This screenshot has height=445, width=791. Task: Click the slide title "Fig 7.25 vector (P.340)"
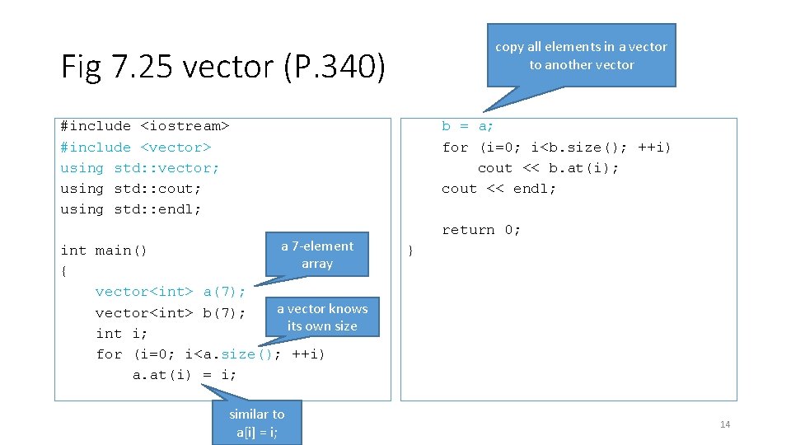pos(222,67)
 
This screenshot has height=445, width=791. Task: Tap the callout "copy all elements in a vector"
pos(581,55)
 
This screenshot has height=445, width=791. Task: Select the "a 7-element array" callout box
pos(316,255)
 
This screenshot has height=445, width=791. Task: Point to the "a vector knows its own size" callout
pos(322,317)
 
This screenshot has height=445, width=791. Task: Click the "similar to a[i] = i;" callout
pos(256,423)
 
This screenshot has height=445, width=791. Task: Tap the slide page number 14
pos(725,424)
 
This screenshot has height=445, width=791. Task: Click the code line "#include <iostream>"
pos(144,126)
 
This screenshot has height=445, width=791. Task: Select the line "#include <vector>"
pos(136,148)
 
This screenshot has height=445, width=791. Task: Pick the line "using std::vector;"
pos(140,168)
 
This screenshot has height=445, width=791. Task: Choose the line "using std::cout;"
pos(131,189)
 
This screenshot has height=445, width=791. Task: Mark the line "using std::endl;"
pos(131,209)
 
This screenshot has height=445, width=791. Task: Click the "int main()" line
pos(104,251)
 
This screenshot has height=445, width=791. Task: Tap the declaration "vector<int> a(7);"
pos(171,292)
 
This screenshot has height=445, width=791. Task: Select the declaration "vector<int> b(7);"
pos(171,313)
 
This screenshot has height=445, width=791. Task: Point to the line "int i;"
pos(122,334)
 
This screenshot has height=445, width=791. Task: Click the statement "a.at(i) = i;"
pos(185,375)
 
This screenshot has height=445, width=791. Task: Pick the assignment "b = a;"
pos(468,126)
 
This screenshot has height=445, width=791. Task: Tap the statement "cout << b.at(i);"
pos(548,168)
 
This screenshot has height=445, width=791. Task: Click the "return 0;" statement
pos(481,230)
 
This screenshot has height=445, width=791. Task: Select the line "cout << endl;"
pos(498,189)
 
